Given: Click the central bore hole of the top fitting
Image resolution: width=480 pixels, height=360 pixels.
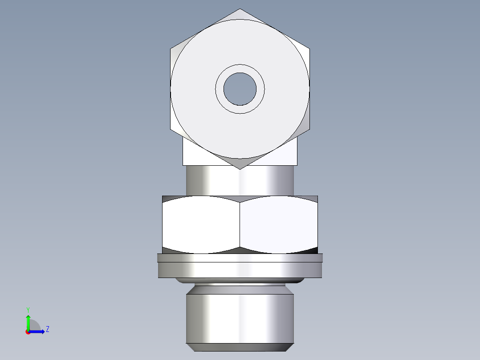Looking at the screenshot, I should click(x=240, y=89).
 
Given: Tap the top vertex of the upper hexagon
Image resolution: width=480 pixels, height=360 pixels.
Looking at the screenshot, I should click(x=240, y=9).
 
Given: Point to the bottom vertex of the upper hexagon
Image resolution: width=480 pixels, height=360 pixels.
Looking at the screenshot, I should click(x=240, y=169).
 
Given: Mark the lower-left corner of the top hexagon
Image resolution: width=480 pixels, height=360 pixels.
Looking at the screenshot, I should click(x=171, y=130).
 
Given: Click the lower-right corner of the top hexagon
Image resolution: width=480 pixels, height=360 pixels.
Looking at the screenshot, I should click(x=309, y=130).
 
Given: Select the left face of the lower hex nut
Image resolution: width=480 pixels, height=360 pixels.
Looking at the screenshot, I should click(x=200, y=225).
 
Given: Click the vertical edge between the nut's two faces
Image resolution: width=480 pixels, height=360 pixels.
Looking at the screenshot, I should click(x=240, y=225).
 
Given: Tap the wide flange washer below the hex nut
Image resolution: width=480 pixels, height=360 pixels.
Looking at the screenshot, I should click(x=240, y=267).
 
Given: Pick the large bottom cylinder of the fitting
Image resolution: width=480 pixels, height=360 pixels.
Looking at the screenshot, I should click(x=240, y=316).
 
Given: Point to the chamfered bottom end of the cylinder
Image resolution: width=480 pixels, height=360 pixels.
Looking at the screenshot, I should click(x=240, y=347).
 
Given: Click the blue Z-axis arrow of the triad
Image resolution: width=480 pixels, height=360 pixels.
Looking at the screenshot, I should click(x=39, y=331).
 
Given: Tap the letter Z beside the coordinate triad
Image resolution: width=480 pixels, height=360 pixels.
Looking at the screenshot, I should click(x=47, y=329).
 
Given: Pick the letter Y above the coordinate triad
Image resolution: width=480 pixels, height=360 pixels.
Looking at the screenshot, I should click(x=28, y=309).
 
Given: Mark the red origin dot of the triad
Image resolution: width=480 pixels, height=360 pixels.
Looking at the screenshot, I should click(x=28, y=332).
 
